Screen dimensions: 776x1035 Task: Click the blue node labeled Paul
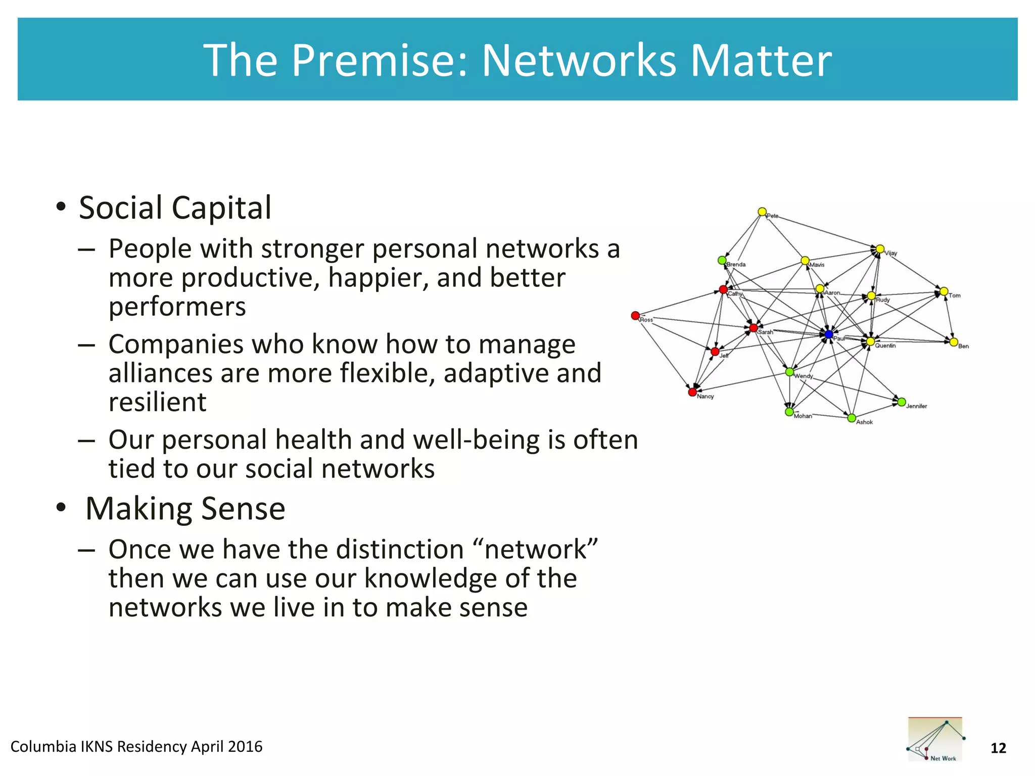tap(828, 334)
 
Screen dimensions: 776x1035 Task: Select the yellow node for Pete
tap(762, 212)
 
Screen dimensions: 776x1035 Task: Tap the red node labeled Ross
tap(635, 316)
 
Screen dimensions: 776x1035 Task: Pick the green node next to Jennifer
tap(901, 402)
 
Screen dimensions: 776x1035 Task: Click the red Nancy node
tap(692, 392)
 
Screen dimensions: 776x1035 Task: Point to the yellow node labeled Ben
tap(953, 342)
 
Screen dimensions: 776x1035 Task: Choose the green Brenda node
tap(722, 260)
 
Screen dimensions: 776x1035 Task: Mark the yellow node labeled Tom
tap(944, 292)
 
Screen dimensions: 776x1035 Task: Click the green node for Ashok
tap(851, 418)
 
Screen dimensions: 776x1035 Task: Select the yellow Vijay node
tap(880, 249)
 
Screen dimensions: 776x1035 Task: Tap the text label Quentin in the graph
tap(885, 346)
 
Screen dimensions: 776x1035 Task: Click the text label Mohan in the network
tap(803, 416)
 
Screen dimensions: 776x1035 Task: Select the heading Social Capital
tap(175, 208)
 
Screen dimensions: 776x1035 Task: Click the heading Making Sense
tap(185, 508)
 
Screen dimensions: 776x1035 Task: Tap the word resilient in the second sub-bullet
tap(157, 402)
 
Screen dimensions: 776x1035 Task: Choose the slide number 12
tap(998, 748)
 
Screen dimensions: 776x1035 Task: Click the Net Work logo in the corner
tap(935, 739)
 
